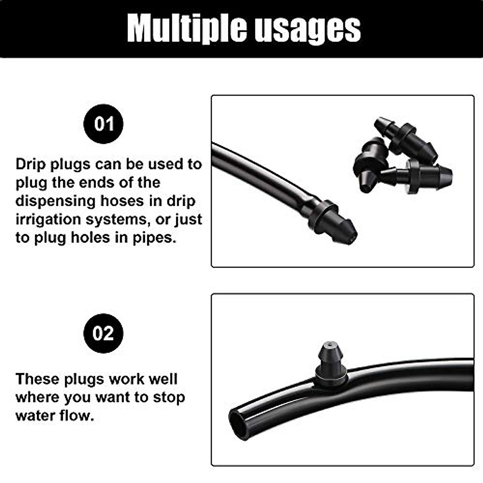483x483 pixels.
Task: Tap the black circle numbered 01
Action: point(103,124)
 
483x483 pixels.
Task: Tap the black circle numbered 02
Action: point(103,333)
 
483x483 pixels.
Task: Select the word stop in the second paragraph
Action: point(169,397)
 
